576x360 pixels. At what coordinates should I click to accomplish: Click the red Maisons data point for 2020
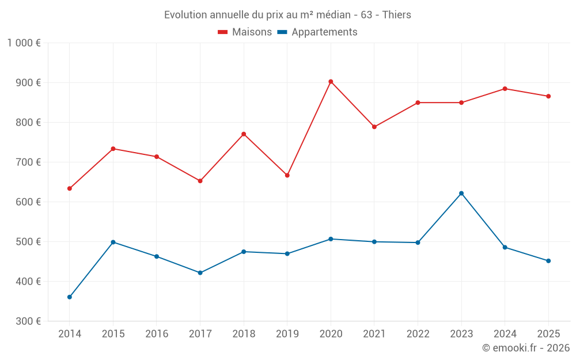tap(331, 82)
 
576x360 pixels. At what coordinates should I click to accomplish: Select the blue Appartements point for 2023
tap(461, 194)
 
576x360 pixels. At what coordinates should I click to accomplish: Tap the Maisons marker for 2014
tap(70, 188)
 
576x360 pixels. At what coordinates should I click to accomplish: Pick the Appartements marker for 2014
tap(70, 297)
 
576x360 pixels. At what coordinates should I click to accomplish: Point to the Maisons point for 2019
tap(287, 175)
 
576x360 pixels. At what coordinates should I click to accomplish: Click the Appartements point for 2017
tap(200, 272)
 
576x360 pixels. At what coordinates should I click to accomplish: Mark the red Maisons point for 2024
tap(505, 89)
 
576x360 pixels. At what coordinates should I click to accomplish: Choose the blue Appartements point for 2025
tap(548, 261)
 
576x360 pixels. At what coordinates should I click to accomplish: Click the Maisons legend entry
tap(245, 32)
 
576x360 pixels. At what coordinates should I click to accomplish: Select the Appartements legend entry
tap(317, 32)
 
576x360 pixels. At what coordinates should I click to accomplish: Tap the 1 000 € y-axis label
tap(24, 43)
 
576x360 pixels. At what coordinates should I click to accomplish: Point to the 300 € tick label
tap(29, 321)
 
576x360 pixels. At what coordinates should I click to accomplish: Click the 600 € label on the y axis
tap(29, 202)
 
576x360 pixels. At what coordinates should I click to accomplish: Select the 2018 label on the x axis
tap(244, 334)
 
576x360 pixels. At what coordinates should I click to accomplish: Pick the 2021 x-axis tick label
tap(374, 334)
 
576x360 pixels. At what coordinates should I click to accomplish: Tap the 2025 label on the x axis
tap(548, 334)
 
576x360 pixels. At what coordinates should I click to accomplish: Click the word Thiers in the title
tap(397, 15)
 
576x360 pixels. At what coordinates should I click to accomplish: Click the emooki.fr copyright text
tap(525, 348)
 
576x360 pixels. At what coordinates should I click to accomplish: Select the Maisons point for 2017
tap(200, 181)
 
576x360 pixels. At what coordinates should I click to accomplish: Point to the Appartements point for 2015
tap(113, 242)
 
